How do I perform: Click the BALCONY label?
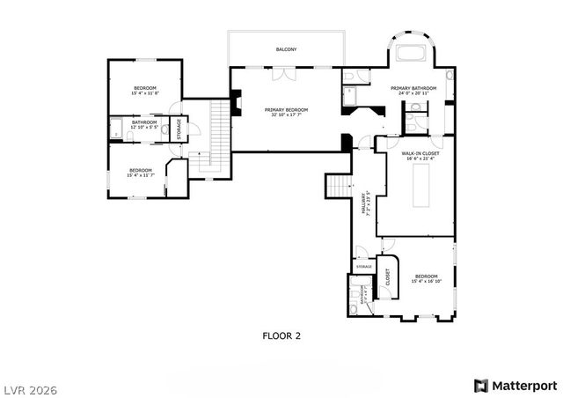click(285, 49)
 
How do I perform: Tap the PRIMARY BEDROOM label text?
click(284, 109)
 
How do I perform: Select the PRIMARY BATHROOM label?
click(413, 88)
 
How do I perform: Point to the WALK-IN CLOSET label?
click(420, 153)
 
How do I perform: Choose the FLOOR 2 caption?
click(281, 335)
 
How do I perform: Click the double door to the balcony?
click(279, 75)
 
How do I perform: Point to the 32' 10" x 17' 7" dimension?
click(284, 114)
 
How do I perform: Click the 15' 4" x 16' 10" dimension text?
click(428, 282)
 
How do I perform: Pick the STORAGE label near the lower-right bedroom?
click(363, 266)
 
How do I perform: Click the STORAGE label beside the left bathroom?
click(179, 129)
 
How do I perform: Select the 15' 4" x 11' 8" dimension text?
click(145, 93)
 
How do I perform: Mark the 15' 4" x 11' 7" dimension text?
click(141, 175)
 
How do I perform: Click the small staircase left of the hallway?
click(339, 186)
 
